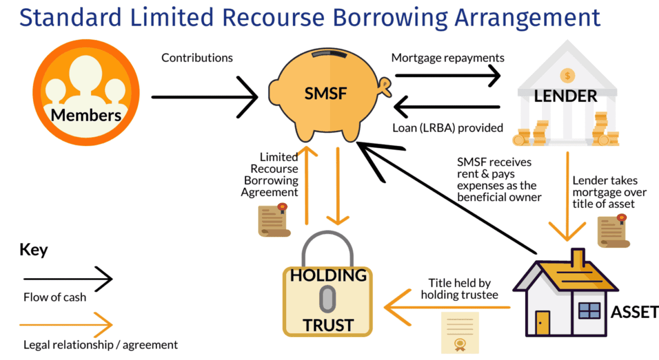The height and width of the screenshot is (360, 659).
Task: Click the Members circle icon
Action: pos(86,92)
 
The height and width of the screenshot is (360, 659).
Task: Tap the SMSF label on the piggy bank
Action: pos(326,93)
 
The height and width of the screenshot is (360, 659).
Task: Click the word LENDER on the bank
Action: pos(566,96)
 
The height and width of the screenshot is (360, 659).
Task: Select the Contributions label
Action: pos(197,58)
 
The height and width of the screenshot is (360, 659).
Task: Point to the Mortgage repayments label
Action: pos(448,58)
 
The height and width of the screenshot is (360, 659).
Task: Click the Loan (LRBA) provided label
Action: pos(448,128)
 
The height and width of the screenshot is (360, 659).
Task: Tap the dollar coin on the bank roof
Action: pos(567,76)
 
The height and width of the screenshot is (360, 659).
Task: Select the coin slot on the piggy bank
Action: pos(329,53)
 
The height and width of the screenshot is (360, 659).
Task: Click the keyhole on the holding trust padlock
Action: pos(327,299)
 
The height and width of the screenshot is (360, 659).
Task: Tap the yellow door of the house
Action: pos(543,323)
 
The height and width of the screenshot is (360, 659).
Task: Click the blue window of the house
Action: pos(589,311)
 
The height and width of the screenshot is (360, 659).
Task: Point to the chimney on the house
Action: pos(578,257)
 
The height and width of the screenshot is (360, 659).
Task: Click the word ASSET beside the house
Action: pos(635,312)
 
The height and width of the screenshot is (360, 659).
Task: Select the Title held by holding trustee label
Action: pos(460,289)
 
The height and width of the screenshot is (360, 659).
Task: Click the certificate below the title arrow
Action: pos(460,333)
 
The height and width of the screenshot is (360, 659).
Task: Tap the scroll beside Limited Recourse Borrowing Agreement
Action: pos(274,220)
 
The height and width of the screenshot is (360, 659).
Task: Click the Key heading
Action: pos(33,250)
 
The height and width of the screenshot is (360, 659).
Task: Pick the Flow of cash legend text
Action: pos(55,297)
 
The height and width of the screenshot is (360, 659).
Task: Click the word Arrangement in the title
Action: pos(527,18)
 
